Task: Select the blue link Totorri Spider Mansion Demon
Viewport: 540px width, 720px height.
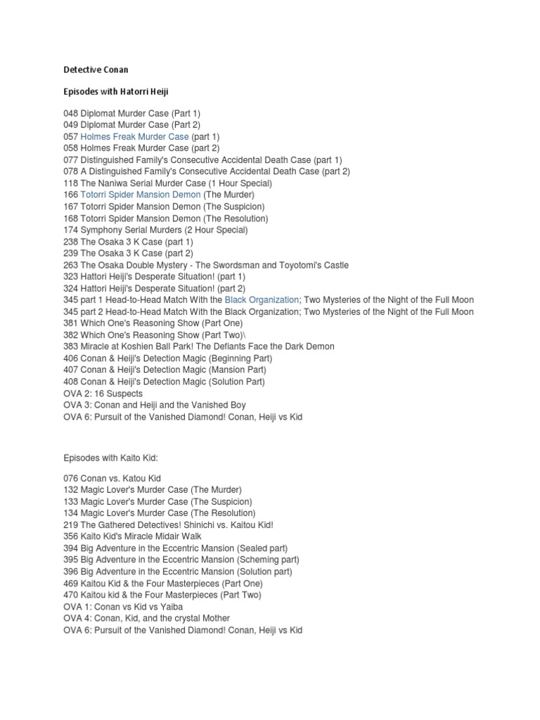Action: point(141,195)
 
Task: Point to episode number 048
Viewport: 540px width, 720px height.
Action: point(70,113)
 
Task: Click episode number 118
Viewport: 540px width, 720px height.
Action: point(70,183)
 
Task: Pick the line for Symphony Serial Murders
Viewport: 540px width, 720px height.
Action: point(154,230)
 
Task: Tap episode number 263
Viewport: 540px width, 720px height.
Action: point(70,265)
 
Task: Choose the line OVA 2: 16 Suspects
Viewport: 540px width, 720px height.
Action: point(102,393)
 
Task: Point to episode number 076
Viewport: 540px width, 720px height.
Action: point(70,478)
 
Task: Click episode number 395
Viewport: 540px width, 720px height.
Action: point(70,560)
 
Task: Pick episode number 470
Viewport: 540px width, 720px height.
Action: point(70,595)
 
